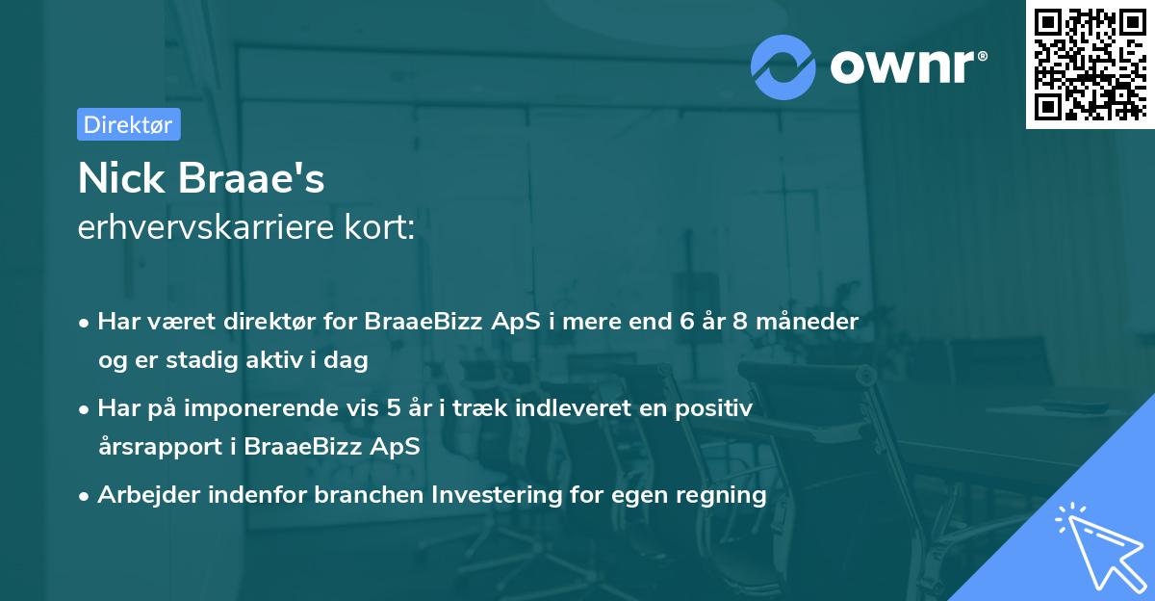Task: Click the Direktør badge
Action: point(128,124)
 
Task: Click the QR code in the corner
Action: point(1089,64)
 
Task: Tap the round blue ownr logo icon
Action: point(783,65)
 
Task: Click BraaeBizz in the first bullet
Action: point(410,321)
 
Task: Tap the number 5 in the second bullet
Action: point(394,408)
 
